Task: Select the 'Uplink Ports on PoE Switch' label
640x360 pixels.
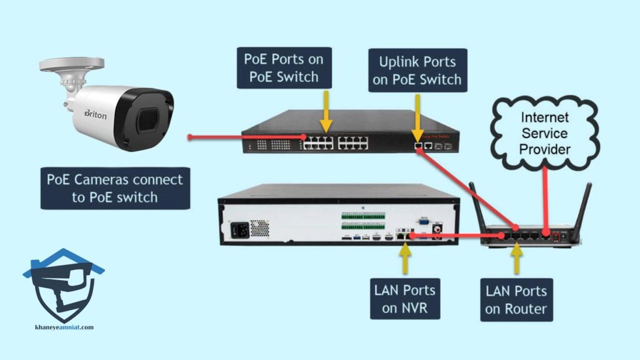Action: point(417,71)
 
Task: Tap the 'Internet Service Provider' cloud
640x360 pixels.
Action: point(545,134)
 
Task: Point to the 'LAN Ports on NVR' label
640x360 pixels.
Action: point(404,299)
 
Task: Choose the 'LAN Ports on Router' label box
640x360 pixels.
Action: point(517,299)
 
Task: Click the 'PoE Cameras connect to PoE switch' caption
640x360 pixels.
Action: point(115,188)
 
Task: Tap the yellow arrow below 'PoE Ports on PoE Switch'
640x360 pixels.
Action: point(326,109)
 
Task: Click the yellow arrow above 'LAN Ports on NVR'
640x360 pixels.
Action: point(404,258)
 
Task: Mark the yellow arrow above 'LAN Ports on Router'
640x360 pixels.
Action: point(517,258)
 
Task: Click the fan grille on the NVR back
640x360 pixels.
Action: point(259,228)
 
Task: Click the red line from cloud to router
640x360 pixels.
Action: point(547,200)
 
